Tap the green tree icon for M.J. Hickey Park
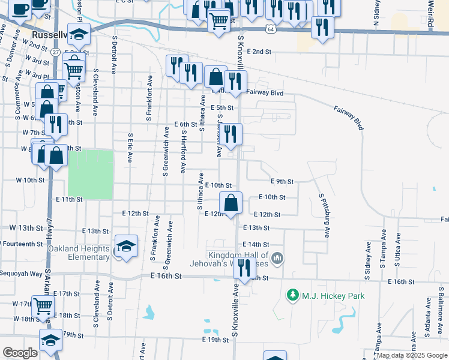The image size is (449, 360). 293,295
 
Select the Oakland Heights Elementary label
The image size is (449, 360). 79,253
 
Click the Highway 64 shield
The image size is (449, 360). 271,29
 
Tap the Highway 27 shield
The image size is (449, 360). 56,52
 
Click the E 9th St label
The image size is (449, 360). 282,181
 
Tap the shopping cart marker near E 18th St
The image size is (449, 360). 43,307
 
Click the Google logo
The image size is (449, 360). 20,353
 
